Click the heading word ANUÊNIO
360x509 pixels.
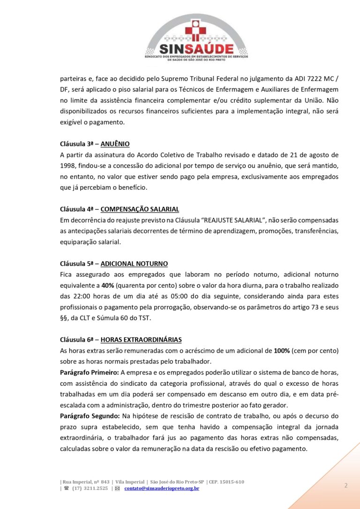coord(115,143)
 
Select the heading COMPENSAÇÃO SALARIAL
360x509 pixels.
coord(140,209)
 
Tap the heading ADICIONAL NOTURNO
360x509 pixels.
coord(134,263)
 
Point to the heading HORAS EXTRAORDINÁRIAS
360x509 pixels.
coord(141,339)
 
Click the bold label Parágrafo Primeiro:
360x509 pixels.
coord(89,372)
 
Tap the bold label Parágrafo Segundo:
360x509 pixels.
coord(89,416)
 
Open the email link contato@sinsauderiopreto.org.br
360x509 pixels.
coord(162,488)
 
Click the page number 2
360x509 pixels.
coord(345,485)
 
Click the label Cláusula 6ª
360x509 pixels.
coord(78,339)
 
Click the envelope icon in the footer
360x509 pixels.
coord(117,488)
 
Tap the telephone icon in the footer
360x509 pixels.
coord(66,488)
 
